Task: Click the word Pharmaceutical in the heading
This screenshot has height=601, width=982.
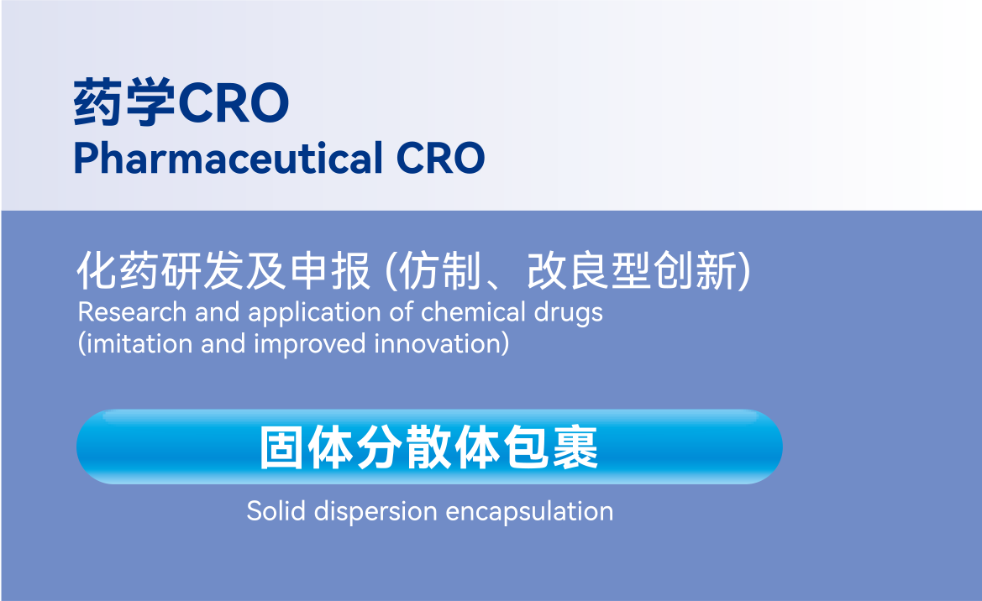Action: point(228,157)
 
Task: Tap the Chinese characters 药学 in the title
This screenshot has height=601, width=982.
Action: point(124,102)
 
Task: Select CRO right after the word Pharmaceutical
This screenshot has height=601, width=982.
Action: point(441,158)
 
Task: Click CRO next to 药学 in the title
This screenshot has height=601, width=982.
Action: point(234,102)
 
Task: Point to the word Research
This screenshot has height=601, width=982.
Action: point(132,311)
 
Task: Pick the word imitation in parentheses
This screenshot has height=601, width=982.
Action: point(139,343)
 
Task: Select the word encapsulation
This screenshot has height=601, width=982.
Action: point(529,512)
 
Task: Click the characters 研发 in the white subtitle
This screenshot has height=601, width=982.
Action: point(202,271)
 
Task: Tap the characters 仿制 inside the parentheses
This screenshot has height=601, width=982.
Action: point(439,271)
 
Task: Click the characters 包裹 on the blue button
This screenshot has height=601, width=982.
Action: point(551,447)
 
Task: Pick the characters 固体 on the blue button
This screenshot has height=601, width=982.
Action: point(307,447)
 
